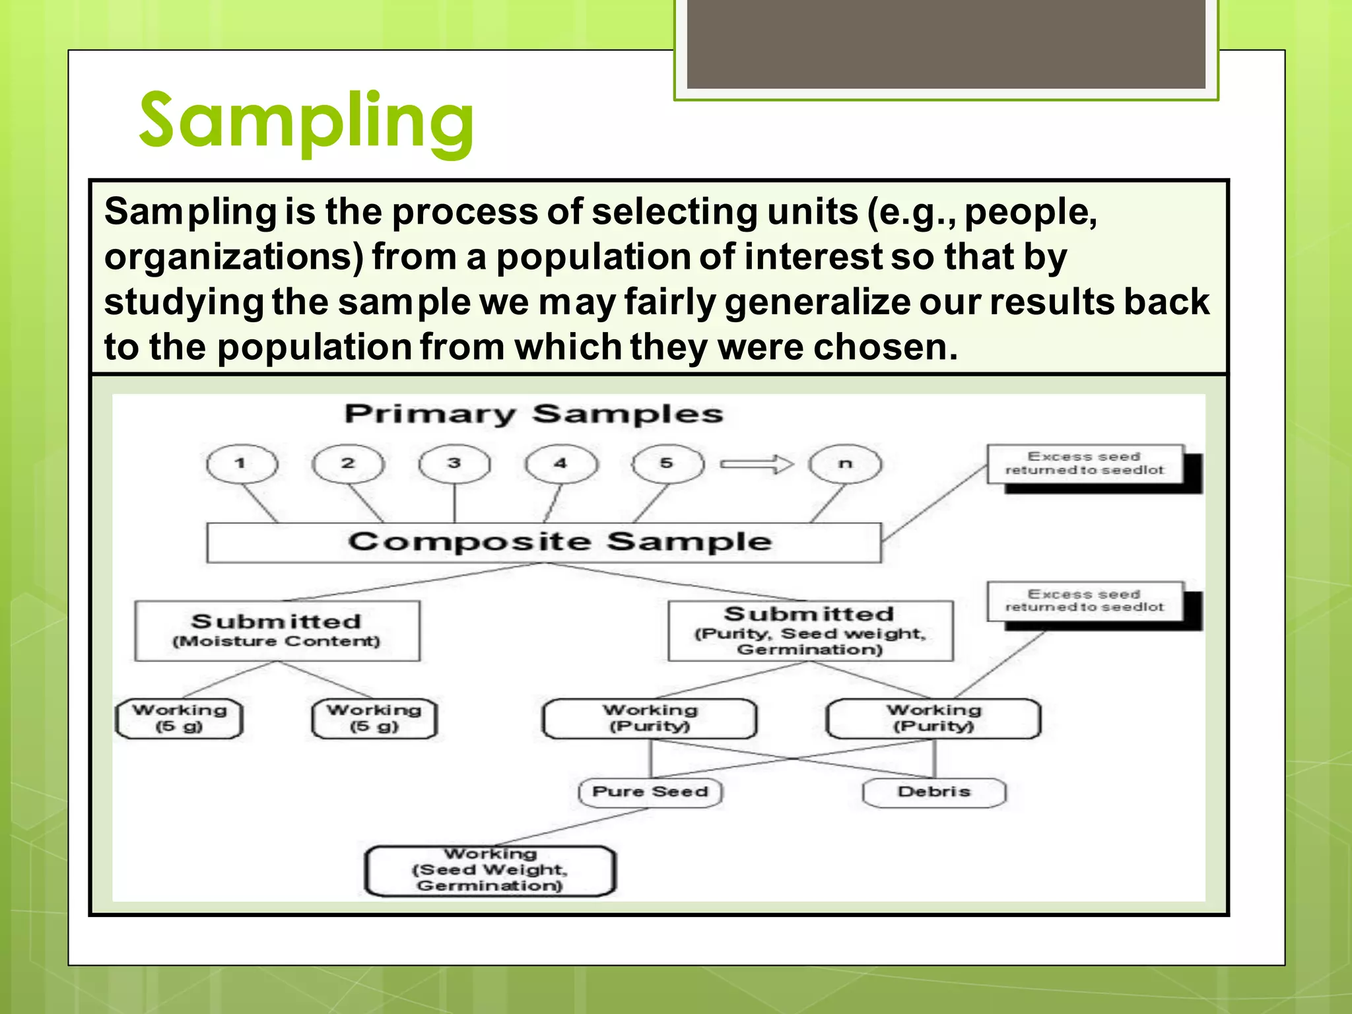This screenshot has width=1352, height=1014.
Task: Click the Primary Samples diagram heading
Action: click(x=533, y=415)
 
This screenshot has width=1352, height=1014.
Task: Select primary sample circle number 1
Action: click(x=242, y=463)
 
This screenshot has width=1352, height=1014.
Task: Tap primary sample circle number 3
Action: click(x=454, y=463)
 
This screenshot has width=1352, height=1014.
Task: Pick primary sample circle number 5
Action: click(x=667, y=463)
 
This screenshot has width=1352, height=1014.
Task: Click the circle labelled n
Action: click(x=845, y=463)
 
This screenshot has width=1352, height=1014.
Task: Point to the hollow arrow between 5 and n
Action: click(x=757, y=464)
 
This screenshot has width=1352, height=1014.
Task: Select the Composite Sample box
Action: click(x=544, y=543)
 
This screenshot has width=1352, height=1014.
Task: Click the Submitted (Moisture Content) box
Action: click(x=277, y=630)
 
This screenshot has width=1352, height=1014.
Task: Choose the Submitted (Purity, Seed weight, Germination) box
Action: click(x=810, y=630)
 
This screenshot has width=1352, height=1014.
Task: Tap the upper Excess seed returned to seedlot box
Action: click(x=1085, y=463)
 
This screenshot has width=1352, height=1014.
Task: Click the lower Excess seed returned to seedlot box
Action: click(x=1085, y=601)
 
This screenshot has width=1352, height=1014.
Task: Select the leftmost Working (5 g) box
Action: click(x=179, y=718)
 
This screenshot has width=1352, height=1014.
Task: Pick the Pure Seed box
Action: click(x=650, y=792)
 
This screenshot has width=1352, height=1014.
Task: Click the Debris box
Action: click(x=934, y=792)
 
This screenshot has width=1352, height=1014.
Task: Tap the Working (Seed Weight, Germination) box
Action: click(x=490, y=871)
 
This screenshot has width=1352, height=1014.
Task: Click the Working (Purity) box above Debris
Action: click(x=933, y=718)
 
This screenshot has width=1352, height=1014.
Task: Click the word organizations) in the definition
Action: click(x=234, y=257)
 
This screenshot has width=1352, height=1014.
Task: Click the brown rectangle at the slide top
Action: click(x=945, y=44)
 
